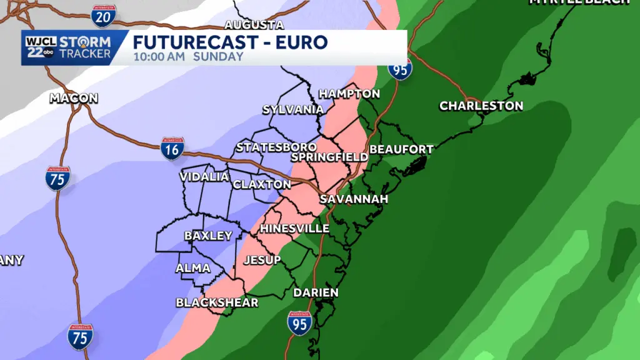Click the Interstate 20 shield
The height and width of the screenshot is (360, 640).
[x=103, y=15]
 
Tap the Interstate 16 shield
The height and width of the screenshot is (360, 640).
[x=172, y=149]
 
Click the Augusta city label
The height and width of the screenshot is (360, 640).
[x=254, y=25]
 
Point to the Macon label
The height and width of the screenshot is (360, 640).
[x=74, y=98]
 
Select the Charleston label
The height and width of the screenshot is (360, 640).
[x=481, y=106]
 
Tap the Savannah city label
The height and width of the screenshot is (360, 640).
[x=354, y=199]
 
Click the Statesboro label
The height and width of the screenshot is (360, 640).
[x=272, y=147]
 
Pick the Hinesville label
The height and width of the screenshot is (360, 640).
[x=294, y=228]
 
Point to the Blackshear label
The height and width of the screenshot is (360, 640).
[x=217, y=302]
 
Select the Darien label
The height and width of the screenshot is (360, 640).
[x=316, y=292]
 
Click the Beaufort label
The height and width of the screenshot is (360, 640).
[x=401, y=149]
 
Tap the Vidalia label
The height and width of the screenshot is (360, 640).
[x=204, y=177]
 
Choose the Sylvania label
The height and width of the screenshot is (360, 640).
[x=293, y=109]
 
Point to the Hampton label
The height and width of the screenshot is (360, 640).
[x=349, y=94]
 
